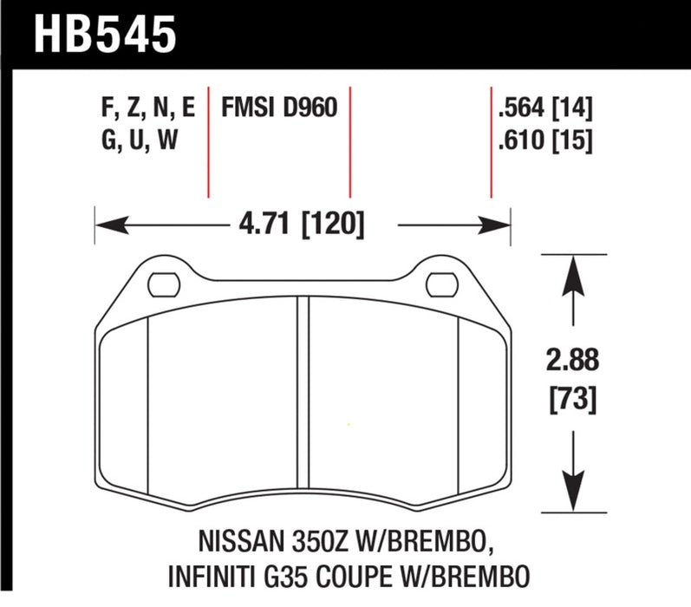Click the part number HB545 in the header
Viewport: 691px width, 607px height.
(x=104, y=36)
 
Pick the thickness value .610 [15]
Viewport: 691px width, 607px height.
(x=544, y=139)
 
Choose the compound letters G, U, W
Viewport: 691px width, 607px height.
(x=139, y=139)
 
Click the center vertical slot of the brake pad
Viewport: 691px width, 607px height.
(x=303, y=399)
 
